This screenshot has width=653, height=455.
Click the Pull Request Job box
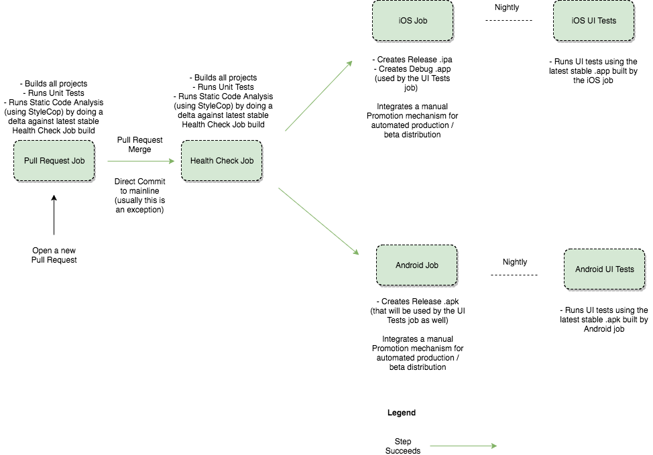54,161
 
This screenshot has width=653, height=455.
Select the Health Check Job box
221,161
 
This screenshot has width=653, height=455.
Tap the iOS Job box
412,21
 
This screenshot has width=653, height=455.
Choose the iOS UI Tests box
593,21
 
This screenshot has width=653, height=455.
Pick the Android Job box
416,265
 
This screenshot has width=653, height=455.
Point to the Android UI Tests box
604,269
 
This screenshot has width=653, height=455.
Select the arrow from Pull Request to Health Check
139,161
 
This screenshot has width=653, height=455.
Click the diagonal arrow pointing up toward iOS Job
318,96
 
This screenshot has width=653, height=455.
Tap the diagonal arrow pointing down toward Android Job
318,221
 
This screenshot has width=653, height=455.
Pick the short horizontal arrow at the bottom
463,446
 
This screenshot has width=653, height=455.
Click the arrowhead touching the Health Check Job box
171,161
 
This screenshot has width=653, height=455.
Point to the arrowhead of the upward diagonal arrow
349,64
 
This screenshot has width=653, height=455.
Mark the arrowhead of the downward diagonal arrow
356,252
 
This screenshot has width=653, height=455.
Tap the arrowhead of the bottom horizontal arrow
493,446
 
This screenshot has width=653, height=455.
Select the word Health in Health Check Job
201,161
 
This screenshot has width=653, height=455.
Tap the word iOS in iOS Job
405,21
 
